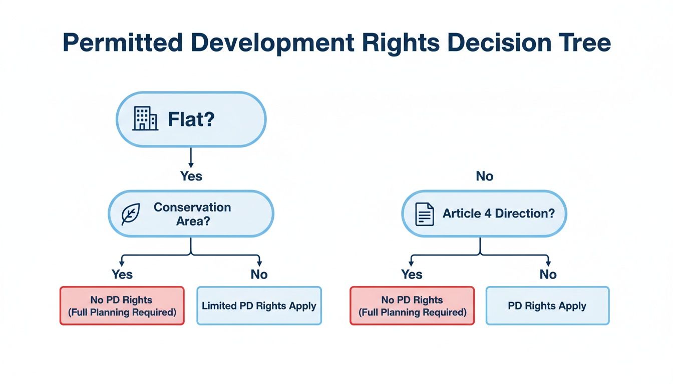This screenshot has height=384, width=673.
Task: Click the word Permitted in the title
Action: [123, 43]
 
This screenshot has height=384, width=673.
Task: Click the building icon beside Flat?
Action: [145, 119]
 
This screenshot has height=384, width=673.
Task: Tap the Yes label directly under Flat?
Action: [191, 176]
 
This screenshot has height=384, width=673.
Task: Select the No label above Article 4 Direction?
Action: [484, 176]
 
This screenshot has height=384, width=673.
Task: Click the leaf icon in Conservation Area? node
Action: [131, 214]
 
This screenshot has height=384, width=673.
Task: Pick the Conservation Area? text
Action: [192, 214]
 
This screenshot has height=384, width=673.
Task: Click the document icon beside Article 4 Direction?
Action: [425, 214]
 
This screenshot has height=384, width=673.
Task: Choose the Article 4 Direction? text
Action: [499, 213]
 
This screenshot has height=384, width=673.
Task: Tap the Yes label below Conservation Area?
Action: [122, 274]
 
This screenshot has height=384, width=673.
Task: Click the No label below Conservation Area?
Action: [259, 274]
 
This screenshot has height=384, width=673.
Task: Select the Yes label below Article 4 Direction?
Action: [412, 274]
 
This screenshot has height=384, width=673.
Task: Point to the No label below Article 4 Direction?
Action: [548, 274]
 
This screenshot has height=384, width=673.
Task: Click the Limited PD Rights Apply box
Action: [259, 305]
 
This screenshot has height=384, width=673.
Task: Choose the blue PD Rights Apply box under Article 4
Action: [547, 305]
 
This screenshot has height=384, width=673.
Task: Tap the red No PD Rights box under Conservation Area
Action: [122, 305]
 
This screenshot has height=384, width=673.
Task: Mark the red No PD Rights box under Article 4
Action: [412, 305]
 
